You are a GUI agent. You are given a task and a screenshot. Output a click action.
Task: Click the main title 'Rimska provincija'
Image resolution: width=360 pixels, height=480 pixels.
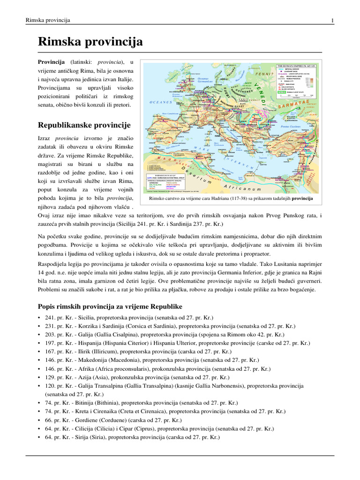pos(90,43)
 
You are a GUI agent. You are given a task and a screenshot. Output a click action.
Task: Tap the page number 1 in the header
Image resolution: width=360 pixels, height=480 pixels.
pos(332,21)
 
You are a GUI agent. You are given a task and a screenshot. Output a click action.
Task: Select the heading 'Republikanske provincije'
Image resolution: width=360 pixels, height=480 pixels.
pos(84,125)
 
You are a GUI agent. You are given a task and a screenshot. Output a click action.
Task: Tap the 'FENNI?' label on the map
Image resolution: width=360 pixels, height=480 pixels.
pos(263,74)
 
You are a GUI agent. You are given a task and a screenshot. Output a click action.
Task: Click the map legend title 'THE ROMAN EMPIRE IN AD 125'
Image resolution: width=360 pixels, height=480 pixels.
pos(298,67)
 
